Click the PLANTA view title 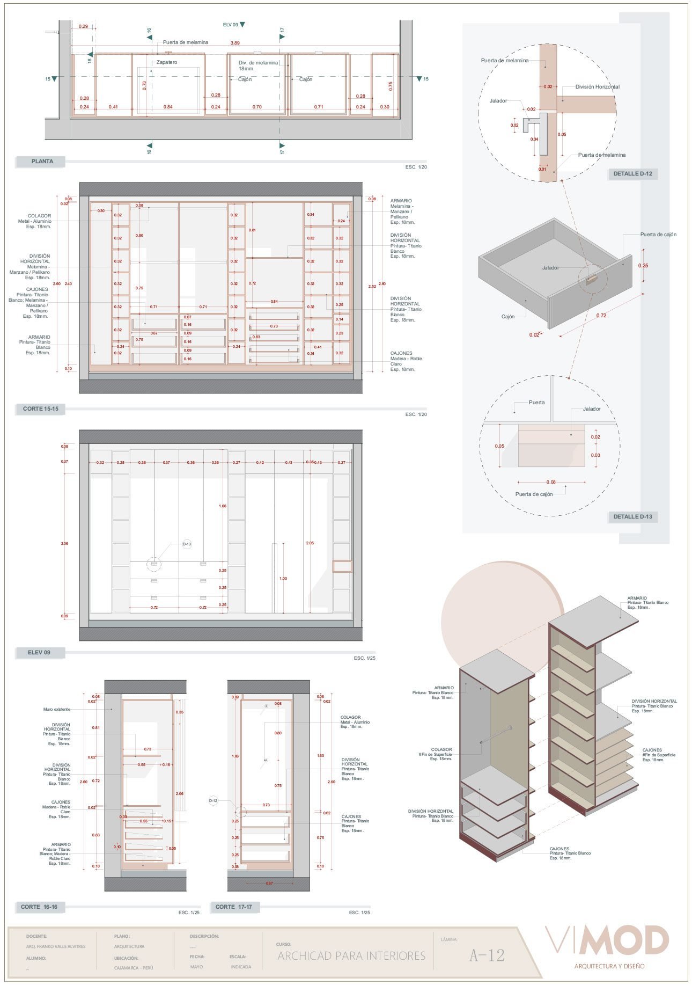coord(42,161)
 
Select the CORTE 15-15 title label coord(40,408)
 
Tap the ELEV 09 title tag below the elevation coord(39,652)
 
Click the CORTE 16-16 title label coord(39,907)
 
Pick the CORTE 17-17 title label coord(233,907)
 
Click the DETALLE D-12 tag coord(632,173)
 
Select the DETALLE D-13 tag coord(632,516)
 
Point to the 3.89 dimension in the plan coord(235,43)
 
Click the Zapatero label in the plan coord(167,62)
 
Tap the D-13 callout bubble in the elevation coord(187,544)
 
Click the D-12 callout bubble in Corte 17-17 coord(213,800)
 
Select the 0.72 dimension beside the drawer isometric coord(601,316)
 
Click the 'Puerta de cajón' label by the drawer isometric coord(658,235)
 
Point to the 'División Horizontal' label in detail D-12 coord(597,87)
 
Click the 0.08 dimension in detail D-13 coord(551,482)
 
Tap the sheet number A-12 coord(487,955)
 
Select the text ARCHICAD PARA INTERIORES coord(351,955)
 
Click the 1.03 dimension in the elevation coord(283,578)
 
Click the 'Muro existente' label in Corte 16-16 coord(57,709)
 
